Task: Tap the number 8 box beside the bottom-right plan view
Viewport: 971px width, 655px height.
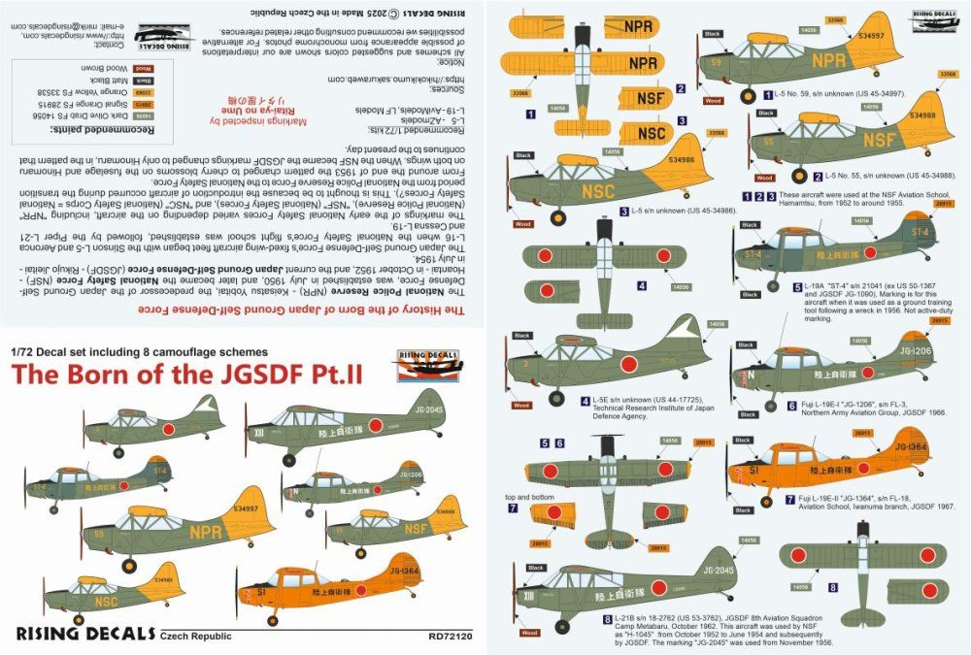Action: point(831,587)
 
